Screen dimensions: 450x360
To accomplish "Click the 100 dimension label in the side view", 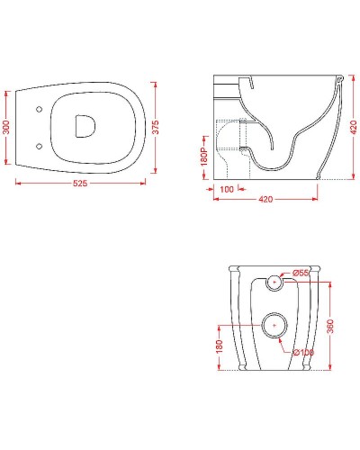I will [226, 190].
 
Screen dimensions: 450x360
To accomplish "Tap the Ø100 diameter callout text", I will [305, 352].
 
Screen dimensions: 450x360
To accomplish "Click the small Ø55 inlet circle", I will [274, 283].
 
